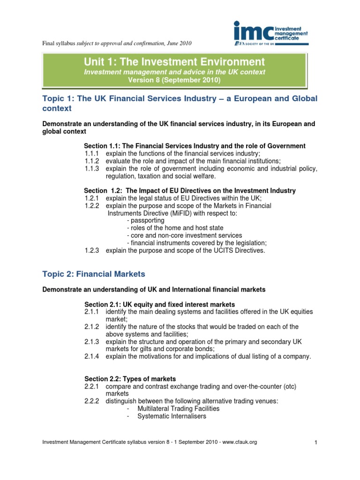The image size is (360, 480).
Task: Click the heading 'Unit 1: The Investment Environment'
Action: coord(174,62)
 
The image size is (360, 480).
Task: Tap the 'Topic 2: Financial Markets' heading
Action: coord(94,274)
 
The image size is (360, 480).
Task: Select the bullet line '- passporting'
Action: coord(145,220)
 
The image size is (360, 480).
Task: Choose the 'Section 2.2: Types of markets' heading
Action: coord(131,379)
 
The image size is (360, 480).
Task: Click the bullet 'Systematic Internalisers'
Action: coord(172,416)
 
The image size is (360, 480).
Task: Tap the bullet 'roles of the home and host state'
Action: coord(173,228)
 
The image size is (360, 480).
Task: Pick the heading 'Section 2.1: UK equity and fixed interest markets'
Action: coord(159,305)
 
